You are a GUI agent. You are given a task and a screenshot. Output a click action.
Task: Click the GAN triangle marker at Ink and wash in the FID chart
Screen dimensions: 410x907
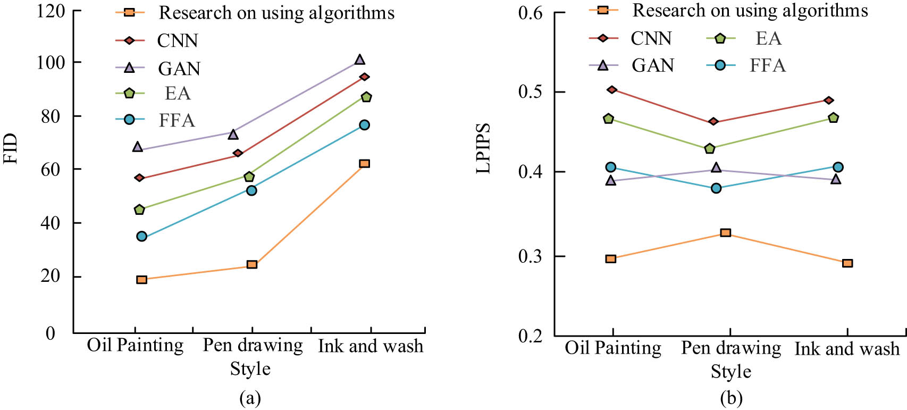click(x=360, y=60)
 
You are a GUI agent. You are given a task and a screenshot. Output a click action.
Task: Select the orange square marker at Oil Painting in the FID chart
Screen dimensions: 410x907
click(x=141, y=279)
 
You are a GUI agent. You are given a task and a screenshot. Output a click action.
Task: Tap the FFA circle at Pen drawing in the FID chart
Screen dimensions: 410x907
click(x=251, y=190)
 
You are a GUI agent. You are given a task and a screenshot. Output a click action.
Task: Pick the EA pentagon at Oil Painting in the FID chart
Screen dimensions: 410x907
click(x=139, y=210)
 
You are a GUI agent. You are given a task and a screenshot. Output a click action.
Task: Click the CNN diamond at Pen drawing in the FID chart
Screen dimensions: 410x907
click(x=238, y=153)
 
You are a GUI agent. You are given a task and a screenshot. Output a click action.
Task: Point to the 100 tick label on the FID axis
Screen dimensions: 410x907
click(x=50, y=63)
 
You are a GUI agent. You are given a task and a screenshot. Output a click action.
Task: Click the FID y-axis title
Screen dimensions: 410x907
click(x=11, y=149)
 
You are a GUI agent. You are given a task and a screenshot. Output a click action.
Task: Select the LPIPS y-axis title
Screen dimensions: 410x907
click(x=483, y=148)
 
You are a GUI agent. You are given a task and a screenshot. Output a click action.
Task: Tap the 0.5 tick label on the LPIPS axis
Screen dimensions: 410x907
click(x=530, y=92)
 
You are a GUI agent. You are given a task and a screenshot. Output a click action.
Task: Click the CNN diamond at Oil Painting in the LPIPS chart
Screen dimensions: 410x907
click(x=612, y=89)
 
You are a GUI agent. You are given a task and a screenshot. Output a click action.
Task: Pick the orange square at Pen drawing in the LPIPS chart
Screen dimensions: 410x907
click(x=725, y=232)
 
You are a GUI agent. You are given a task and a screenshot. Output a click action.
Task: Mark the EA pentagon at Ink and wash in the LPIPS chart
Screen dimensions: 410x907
click(x=833, y=118)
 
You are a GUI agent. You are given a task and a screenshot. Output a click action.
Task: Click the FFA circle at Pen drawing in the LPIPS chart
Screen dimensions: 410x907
click(x=716, y=188)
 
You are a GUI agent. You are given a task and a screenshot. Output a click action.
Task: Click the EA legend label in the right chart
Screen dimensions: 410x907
click(x=768, y=38)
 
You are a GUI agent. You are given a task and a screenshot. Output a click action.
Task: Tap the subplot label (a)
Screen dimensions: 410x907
click(x=250, y=398)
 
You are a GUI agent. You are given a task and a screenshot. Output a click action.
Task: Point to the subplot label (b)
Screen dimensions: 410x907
click(x=730, y=398)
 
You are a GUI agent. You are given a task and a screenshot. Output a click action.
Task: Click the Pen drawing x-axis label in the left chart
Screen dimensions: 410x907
click(x=253, y=345)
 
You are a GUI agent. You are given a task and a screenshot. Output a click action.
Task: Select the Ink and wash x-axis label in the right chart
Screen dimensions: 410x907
click(x=846, y=348)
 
